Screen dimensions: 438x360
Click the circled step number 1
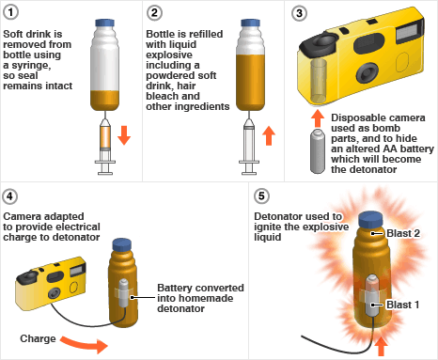point(10,12)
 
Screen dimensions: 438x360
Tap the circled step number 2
point(154,13)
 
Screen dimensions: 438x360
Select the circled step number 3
point(299,13)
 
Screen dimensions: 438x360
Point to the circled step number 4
point(9,196)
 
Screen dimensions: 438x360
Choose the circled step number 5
point(261,196)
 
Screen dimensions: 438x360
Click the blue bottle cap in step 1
point(104,23)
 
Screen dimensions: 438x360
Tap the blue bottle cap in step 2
point(250,23)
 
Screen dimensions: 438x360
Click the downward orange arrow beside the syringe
point(124,135)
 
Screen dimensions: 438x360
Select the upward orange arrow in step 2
point(269,135)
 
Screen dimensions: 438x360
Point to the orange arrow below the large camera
point(318,118)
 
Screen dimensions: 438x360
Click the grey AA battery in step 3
point(318,151)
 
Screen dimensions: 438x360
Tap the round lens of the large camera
point(367,72)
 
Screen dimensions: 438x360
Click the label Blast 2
point(403,233)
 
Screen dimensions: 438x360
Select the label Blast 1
point(402,305)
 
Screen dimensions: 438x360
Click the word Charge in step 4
point(38,338)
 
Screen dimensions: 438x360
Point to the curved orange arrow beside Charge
point(85,344)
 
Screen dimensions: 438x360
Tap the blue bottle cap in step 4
point(122,244)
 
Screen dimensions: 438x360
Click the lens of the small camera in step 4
point(55,293)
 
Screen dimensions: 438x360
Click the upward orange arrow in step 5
point(381,346)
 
